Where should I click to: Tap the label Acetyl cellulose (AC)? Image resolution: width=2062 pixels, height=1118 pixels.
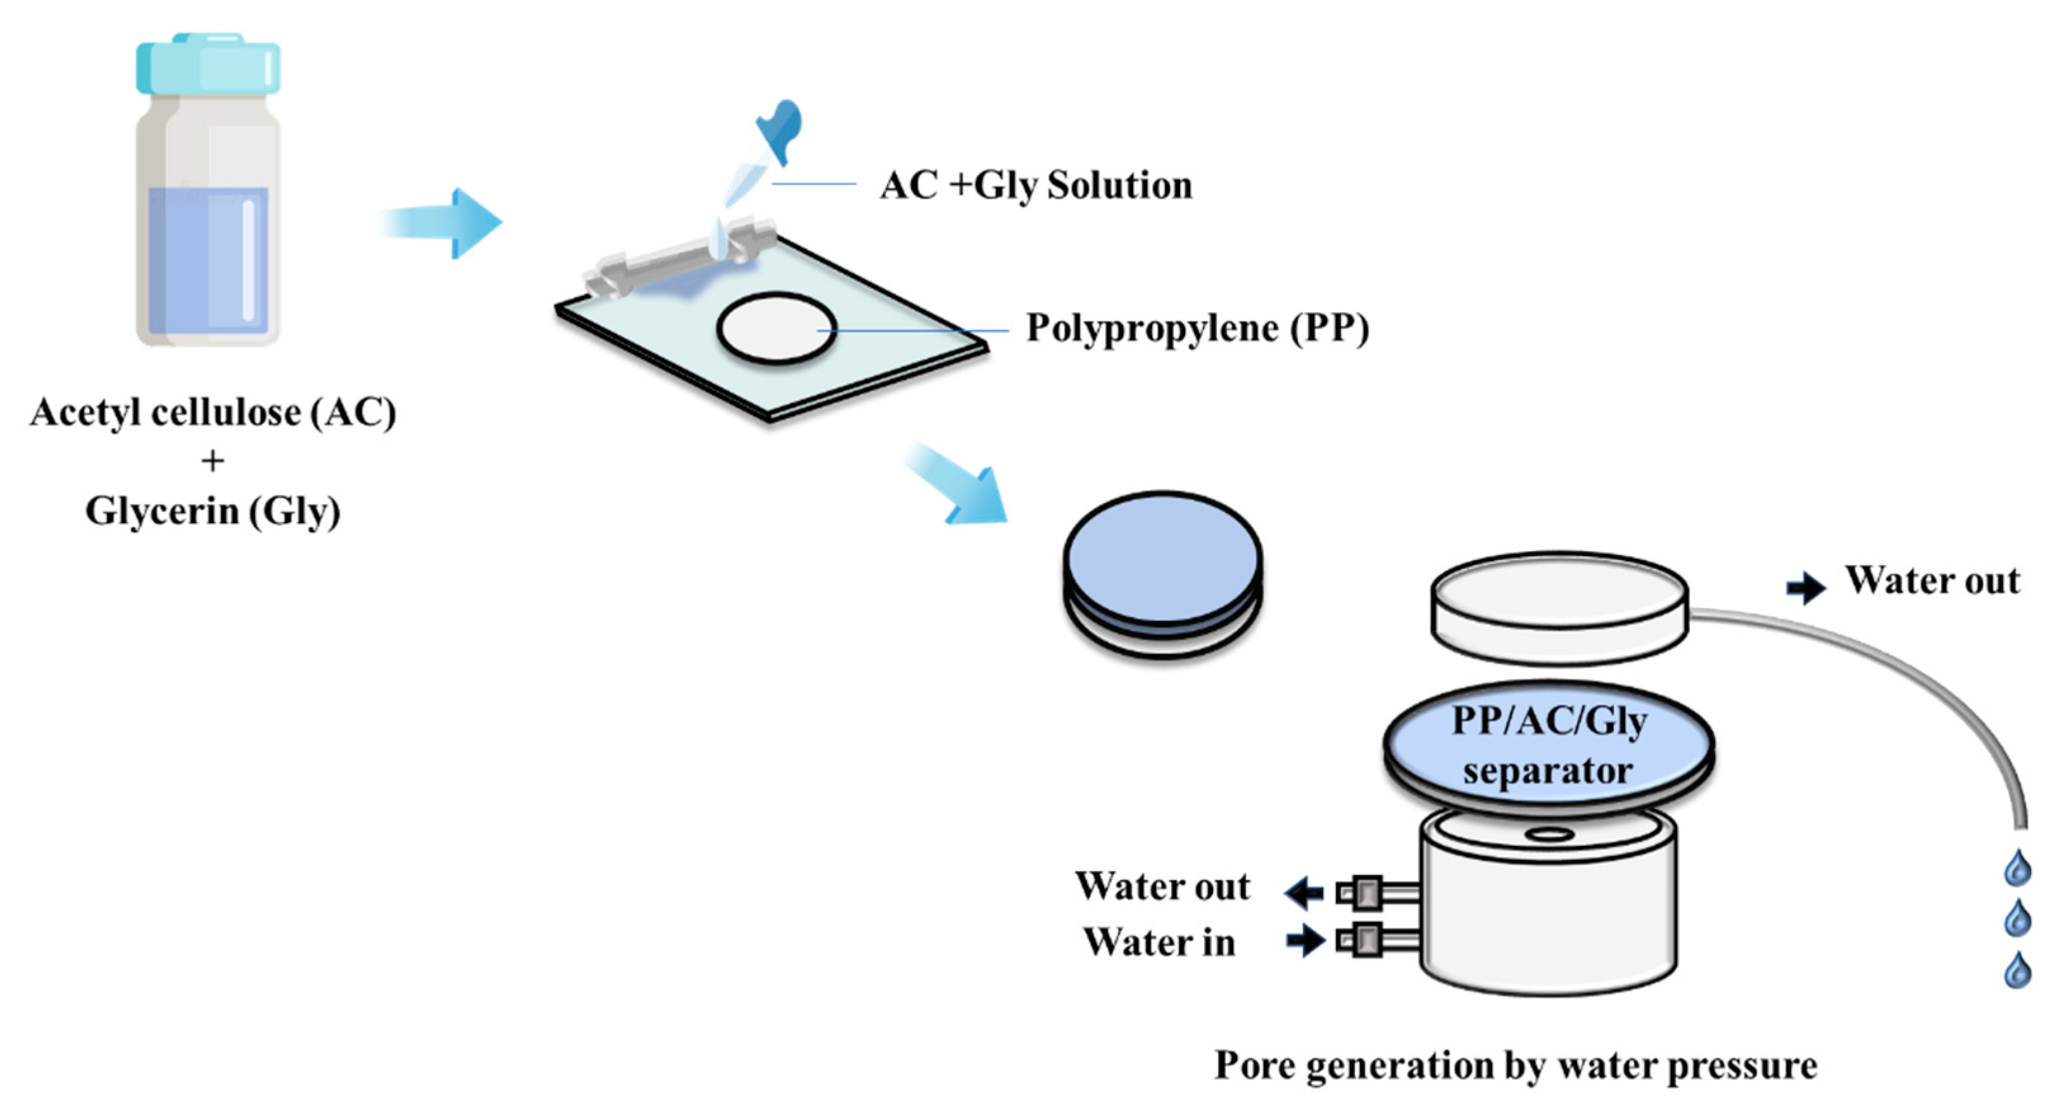(213, 413)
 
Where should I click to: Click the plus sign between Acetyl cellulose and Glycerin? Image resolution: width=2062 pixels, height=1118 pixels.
(213, 462)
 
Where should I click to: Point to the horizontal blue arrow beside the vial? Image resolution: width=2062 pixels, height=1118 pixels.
(444, 223)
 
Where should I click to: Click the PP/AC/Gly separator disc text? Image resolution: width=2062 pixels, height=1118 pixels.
(1549, 746)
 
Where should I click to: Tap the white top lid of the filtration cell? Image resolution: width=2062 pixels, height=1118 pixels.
(1559, 608)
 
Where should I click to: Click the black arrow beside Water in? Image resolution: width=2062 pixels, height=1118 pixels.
(1305, 940)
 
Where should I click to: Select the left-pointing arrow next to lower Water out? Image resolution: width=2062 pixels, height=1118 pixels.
(1305, 892)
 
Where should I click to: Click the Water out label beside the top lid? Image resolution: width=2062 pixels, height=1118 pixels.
(1932, 581)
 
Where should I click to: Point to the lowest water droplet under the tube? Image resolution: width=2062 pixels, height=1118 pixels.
(2017, 970)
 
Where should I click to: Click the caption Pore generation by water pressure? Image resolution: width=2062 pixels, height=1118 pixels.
(1515, 1066)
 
